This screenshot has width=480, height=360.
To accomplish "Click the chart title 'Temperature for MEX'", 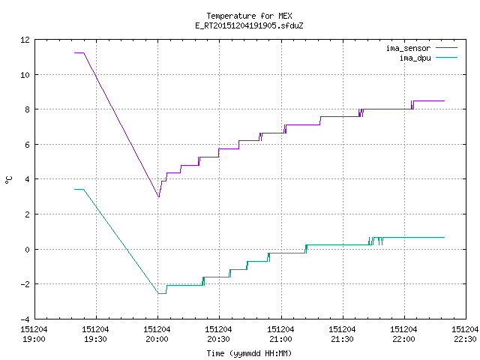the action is (x=249, y=16).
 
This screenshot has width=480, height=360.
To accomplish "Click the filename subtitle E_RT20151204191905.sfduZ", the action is (x=249, y=25).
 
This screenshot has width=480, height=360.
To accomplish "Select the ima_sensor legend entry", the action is (x=421, y=48).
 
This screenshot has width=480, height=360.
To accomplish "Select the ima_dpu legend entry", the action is (x=428, y=58).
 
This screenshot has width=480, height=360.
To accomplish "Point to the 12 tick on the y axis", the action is (x=25, y=40).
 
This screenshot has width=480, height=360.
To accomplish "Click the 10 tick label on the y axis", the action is (x=25, y=75).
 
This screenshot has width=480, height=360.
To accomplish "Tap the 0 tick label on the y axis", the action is (x=27, y=250).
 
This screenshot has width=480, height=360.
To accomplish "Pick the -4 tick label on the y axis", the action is (x=25, y=319).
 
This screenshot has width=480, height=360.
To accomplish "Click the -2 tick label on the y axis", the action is (x=25, y=284).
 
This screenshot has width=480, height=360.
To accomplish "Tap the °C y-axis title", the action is (x=9, y=180).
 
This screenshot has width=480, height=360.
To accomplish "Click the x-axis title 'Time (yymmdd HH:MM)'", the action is (x=249, y=353).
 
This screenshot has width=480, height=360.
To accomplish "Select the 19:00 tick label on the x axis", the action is (x=34, y=334).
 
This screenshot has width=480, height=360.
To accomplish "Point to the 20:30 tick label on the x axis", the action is (x=218, y=334).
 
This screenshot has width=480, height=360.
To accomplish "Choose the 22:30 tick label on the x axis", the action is (x=465, y=334).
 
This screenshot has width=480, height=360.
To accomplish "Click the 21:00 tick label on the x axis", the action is (x=280, y=334).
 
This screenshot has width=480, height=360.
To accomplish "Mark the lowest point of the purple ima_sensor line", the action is (x=158, y=196).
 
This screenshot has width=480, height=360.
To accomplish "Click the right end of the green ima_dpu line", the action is (x=444, y=237).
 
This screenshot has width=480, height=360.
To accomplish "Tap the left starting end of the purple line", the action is (x=74, y=53).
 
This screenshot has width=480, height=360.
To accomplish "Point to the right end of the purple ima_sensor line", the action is (x=444, y=100).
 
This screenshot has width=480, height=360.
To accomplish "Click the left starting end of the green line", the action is (x=74, y=190).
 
